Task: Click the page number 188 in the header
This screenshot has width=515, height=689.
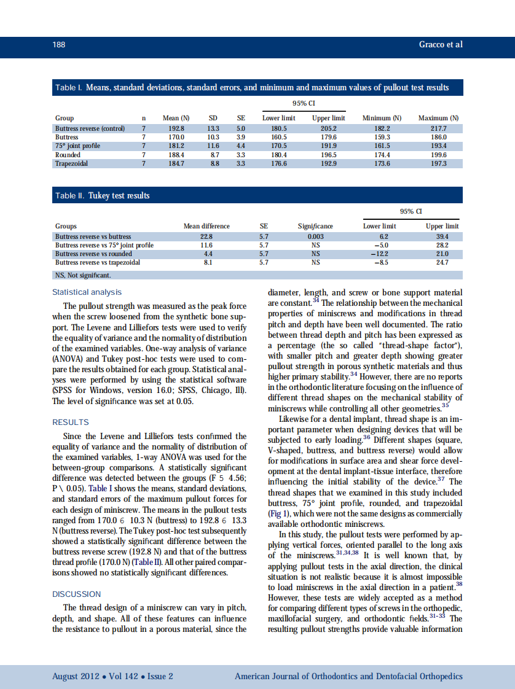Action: pyautogui.click(x=59, y=45)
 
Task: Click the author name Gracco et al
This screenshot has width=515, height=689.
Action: pyautogui.click(x=440, y=45)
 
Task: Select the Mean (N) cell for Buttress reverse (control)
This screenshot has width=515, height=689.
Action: pyautogui.click(x=176, y=128)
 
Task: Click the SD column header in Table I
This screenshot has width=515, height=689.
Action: pyautogui.click(x=213, y=118)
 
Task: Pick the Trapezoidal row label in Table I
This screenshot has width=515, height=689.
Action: pyautogui.click(x=71, y=164)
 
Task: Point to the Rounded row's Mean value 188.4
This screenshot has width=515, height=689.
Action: pyautogui.click(x=176, y=155)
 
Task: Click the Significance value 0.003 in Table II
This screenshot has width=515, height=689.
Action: pyautogui.click(x=315, y=236)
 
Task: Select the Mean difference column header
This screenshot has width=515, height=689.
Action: pyautogui.click(x=206, y=226)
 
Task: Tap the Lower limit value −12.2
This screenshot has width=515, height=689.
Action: pyautogui.click(x=379, y=254)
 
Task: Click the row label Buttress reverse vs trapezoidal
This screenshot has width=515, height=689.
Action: pyautogui.click(x=98, y=262)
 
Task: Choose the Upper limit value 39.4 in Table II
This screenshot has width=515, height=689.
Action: pyautogui.click(x=442, y=236)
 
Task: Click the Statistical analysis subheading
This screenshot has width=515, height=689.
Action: pyautogui.click(x=87, y=292)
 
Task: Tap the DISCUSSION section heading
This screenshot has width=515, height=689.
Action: pyautogui.click(x=76, y=594)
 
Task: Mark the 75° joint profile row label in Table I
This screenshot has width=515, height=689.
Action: pyautogui.click(x=77, y=146)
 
